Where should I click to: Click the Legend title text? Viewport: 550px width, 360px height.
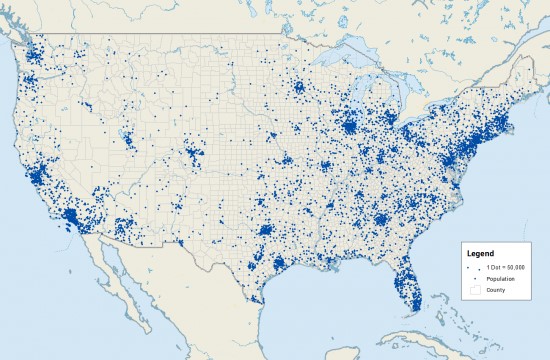[x=481, y=254]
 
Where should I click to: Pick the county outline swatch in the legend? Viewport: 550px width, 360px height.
[x=475, y=290]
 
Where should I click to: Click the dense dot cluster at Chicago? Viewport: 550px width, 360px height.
[x=349, y=126]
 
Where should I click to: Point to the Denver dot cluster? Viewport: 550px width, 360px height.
[x=190, y=156]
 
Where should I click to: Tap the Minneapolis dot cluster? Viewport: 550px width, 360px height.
[x=297, y=88]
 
